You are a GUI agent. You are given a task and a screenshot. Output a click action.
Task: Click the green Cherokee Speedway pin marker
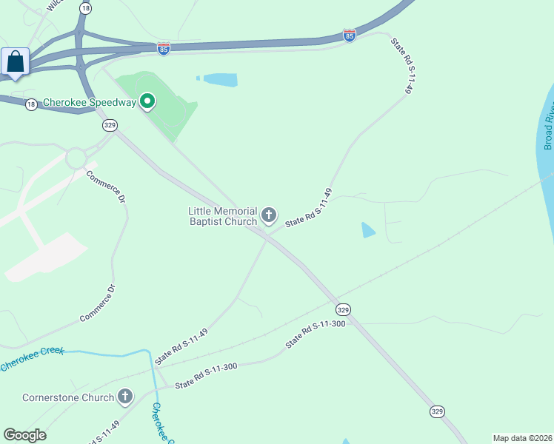[147, 101]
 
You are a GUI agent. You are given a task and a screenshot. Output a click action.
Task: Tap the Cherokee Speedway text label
[90, 103]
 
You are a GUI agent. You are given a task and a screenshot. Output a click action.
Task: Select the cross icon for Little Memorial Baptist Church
[268, 215]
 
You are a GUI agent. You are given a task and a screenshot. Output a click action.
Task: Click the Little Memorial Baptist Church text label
[222, 216]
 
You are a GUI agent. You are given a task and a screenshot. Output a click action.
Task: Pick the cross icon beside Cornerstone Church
[125, 397]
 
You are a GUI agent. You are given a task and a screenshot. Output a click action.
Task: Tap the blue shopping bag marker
[16, 63]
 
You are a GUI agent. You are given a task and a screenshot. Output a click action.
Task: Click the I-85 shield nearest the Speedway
[164, 48]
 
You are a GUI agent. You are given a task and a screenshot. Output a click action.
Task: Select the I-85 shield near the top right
[350, 36]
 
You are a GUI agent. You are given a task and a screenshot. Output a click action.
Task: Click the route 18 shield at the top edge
[87, 7]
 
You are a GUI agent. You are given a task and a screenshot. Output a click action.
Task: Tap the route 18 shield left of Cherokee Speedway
[31, 104]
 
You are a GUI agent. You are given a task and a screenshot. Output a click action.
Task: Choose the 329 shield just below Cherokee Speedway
[110, 125]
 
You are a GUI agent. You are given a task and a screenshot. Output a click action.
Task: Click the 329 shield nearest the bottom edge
[437, 411]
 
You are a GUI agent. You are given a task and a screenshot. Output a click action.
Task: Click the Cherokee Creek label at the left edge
[31, 360]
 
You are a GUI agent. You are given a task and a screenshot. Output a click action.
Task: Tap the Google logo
[24, 435]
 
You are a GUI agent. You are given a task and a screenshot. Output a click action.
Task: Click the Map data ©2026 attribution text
[522, 438]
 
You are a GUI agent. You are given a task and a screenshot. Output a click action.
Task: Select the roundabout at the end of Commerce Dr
[76, 158]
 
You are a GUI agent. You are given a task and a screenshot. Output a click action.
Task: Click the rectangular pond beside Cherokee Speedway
[220, 80]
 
